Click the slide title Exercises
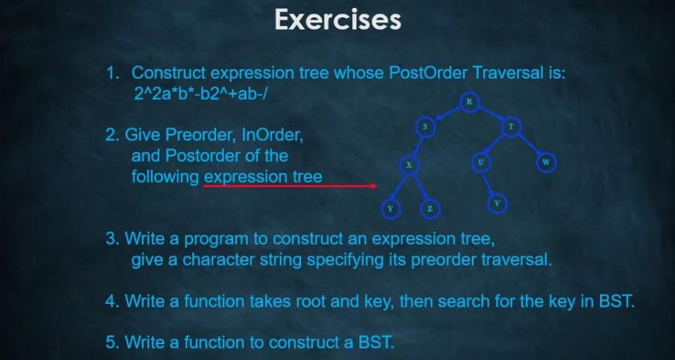[x=337, y=20]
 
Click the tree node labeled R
[x=469, y=102]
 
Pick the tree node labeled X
[x=408, y=166]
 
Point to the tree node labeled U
[x=480, y=163]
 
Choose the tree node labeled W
[x=546, y=163]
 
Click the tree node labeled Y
[x=390, y=209]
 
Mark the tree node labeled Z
[x=429, y=209]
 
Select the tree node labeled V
[x=497, y=204]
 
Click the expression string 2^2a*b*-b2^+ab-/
[x=200, y=93]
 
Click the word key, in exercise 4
[x=383, y=301]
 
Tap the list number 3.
[x=112, y=238]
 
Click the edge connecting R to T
[x=491, y=114]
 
